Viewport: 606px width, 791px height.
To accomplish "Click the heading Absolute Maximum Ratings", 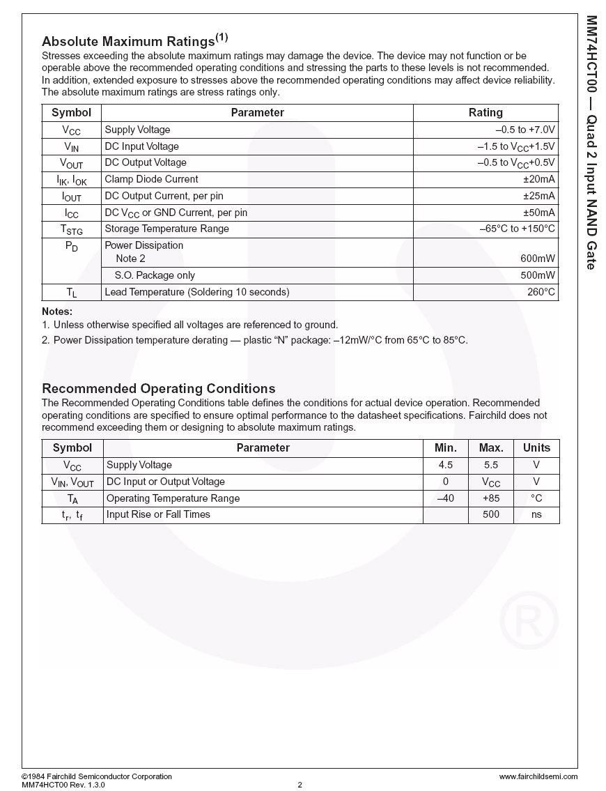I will (128, 41).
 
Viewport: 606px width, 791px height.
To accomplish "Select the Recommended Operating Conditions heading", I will (159, 388).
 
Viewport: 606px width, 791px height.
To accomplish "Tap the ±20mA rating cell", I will (539, 179).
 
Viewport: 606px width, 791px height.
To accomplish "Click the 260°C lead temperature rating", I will (541, 292).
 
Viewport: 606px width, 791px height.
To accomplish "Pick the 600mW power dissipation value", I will (538, 259).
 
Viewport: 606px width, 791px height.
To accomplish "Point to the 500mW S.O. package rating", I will (538, 275).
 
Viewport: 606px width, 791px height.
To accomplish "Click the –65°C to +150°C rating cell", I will (518, 229).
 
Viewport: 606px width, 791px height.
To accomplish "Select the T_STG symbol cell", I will (71, 229).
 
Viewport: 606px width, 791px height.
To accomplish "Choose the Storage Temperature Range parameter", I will (166, 229).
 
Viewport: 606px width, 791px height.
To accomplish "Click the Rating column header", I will (485, 113).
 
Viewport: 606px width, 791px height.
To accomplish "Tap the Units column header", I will (536, 448).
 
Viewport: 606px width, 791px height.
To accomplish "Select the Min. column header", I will (446, 448).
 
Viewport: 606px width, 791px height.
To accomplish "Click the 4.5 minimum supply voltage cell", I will (446, 465).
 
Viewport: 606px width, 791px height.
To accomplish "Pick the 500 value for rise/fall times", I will (491, 514).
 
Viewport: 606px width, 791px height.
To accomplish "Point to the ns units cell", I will (536, 514).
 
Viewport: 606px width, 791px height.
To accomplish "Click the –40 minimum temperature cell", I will (445, 498).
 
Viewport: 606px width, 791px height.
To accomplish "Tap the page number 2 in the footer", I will (300, 785).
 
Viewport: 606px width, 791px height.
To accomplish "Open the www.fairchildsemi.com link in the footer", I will (538, 776).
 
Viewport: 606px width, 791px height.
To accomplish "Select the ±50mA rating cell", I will (539, 213).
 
